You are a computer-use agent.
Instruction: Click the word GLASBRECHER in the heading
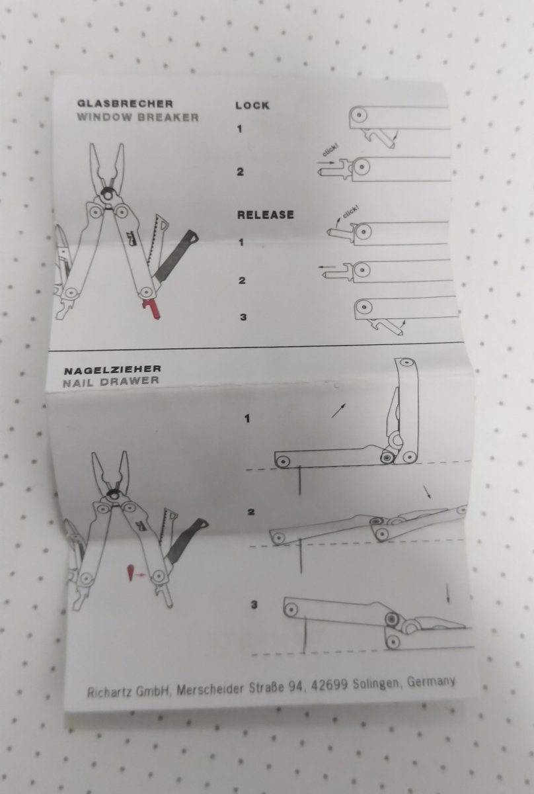point(125,103)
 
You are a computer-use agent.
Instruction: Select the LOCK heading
point(252,105)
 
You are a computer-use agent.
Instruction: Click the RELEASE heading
point(266,214)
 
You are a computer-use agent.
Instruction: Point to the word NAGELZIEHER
point(112,369)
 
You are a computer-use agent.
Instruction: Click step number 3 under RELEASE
point(243,317)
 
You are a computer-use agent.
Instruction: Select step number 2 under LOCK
point(241,172)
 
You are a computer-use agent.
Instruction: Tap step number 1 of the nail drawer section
point(247,419)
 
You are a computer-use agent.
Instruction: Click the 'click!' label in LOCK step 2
point(330,152)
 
